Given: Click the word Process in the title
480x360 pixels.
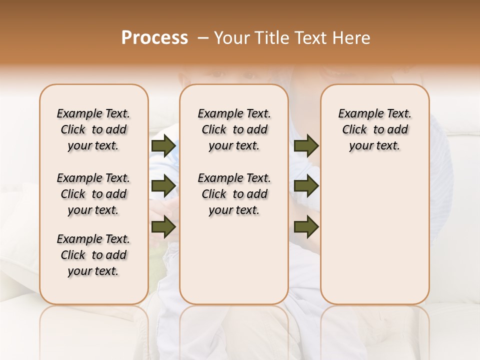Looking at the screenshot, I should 154,38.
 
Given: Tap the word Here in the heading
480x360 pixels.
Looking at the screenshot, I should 352,38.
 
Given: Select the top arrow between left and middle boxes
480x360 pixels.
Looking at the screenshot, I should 163,145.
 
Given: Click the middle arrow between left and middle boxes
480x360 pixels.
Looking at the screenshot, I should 163,186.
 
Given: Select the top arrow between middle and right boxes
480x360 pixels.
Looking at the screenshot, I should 306,145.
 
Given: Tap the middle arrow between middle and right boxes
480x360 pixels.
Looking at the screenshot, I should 306,186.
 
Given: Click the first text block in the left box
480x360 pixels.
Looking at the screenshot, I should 93,129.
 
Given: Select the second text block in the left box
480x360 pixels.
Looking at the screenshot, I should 93,194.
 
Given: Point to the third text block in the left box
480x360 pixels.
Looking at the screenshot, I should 93,255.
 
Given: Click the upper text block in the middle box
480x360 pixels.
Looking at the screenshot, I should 234,129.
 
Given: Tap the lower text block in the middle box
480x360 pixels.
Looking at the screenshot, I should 234,194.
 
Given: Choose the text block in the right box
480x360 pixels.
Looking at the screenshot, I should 375,129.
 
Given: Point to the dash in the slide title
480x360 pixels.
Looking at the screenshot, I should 202,38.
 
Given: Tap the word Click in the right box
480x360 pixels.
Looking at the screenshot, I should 354,130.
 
